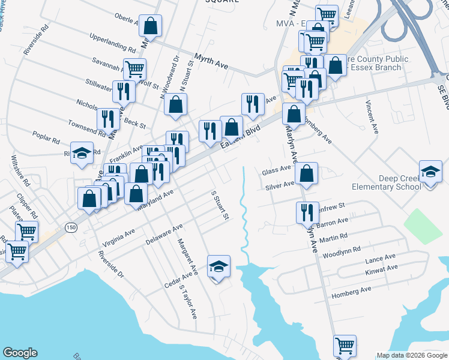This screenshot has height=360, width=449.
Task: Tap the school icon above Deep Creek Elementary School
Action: pos(430,172)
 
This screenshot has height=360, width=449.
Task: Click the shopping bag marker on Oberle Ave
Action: pos(150,26)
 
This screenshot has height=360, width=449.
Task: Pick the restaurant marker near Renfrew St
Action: pos(306,212)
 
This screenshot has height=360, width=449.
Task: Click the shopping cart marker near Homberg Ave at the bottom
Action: pos(345,346)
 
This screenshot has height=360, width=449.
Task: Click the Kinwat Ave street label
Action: pos(380,272)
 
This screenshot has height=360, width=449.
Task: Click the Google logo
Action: pos(20,353)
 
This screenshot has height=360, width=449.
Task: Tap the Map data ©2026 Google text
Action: pos(411,355)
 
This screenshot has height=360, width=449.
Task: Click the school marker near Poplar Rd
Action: pos(82,153)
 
